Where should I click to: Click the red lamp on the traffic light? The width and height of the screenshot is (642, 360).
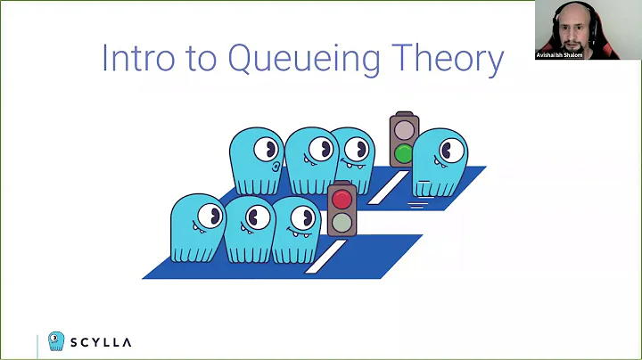tap(342, 199)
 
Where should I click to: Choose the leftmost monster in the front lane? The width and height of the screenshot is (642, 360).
tap(197, 227)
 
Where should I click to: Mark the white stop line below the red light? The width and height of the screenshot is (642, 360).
tap(323, 257)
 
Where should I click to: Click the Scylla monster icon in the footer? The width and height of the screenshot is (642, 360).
tap(56, 341)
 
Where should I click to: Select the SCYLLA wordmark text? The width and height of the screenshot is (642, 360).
tap(101, 342)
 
